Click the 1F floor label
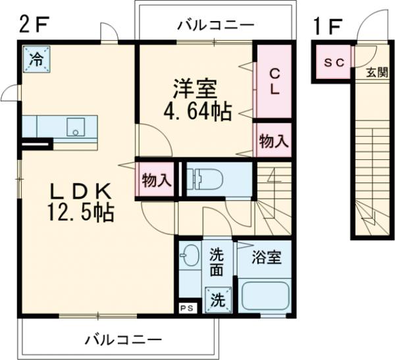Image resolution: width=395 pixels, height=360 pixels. (x=327, y=27)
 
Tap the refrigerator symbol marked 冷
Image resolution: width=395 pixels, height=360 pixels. (x=34, y=58)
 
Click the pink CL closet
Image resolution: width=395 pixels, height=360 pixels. (x=273, y=81)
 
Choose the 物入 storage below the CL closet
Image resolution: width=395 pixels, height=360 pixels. (x=273, y=140)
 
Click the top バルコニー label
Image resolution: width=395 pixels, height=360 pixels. (x=215, y=26)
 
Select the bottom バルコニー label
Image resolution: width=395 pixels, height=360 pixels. (x=122, y=340)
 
